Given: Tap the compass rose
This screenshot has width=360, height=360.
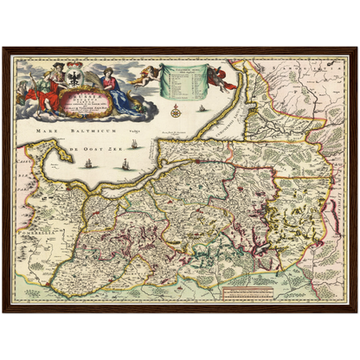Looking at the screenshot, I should [176, 111].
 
